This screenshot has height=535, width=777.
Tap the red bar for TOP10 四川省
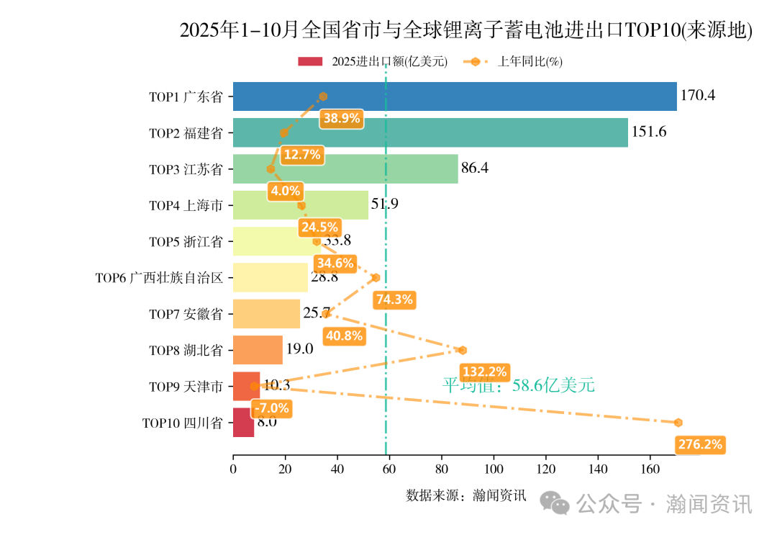point(243,423)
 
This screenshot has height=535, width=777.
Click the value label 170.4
point(698,96)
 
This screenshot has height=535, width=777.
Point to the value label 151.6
point(649,132)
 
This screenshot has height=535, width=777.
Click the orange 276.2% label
point(700,445)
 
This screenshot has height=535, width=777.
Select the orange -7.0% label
point(271,408)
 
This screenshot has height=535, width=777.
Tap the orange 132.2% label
point(484,372)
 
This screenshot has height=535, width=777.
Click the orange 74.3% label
point(394,300)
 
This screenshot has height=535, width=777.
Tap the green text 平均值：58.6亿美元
point(518,385)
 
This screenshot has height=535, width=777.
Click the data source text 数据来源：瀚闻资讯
point(466,495)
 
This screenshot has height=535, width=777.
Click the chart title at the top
point(465,30)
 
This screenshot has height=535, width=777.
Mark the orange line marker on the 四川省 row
point(678,423)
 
